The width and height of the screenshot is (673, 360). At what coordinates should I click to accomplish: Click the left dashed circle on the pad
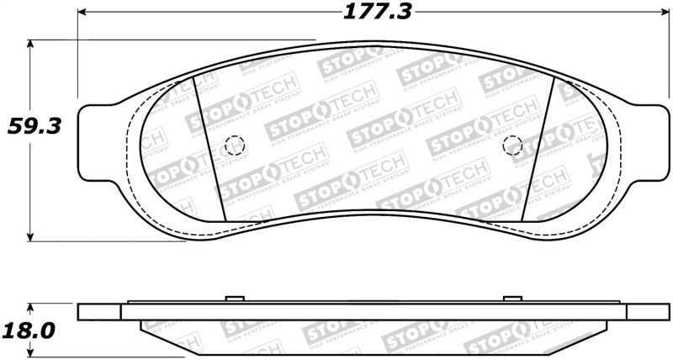coord(235,146)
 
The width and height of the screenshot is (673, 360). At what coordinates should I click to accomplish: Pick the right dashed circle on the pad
coord(511,146)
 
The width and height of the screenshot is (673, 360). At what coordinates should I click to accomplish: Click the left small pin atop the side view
coord(235,299)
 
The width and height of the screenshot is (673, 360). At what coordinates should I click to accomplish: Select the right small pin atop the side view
coord(511,299)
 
